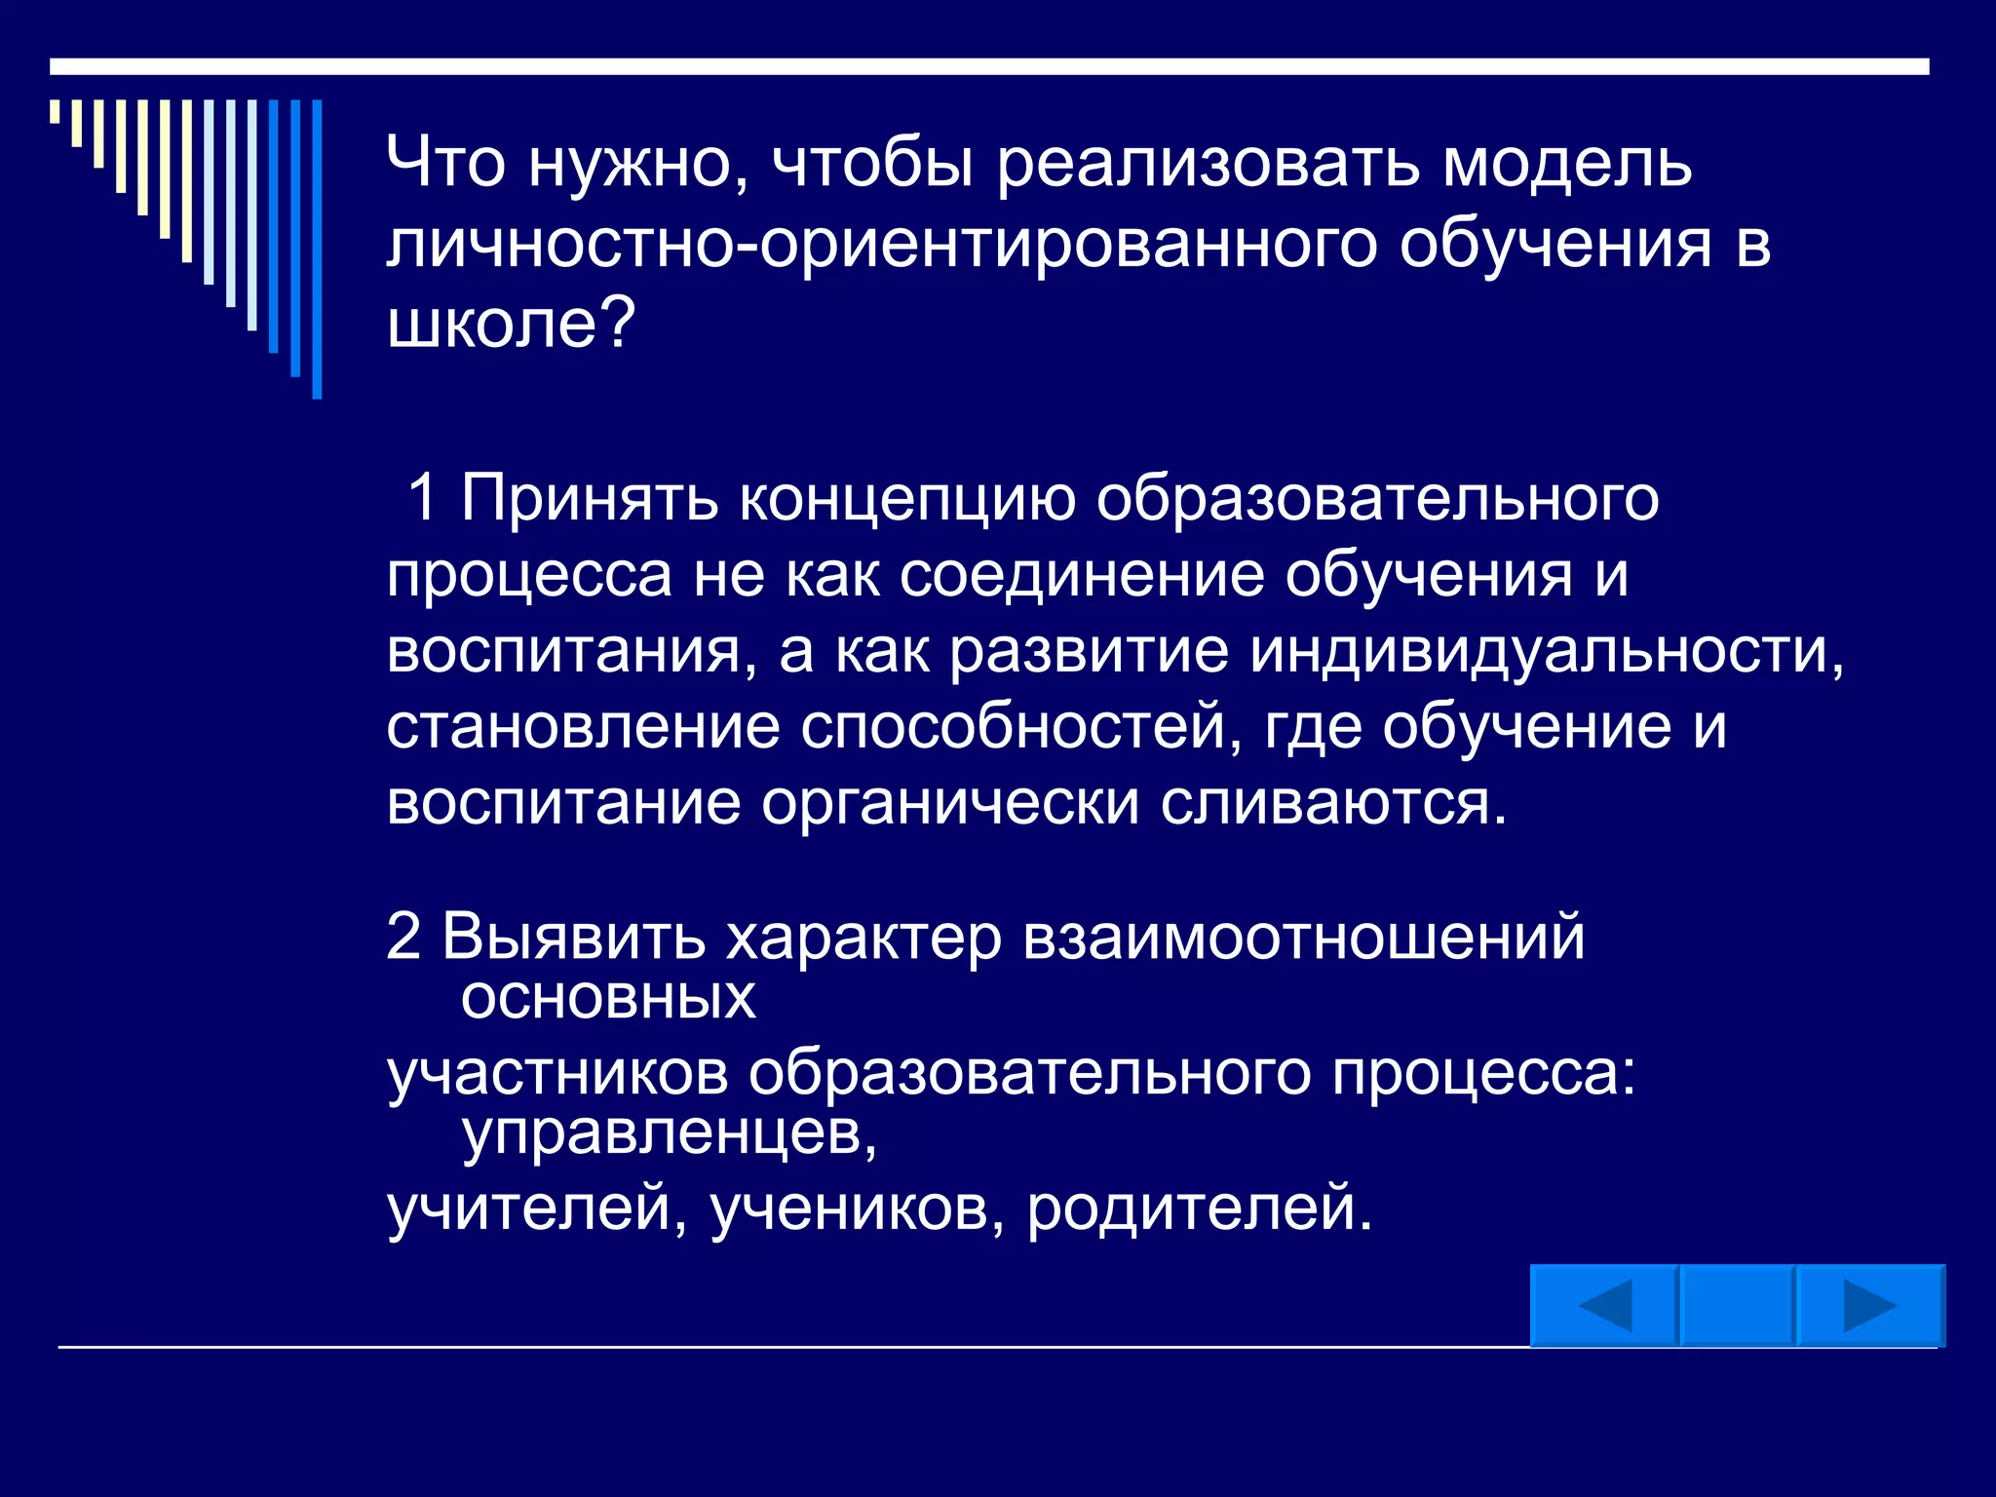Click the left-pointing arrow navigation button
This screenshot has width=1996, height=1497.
click(1604, 1305)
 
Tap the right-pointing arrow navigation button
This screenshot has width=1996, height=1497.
click(1869, 1305)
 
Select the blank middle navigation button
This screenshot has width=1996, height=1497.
click(1737, 1305)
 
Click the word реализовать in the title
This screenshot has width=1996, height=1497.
click(1208, 163)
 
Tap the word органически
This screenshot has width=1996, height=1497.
click(949, 803)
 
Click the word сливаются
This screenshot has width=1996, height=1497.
click(1333, 803)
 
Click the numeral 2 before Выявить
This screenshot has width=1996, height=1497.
click(403, 937)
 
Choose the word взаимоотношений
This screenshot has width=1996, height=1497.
click(1303, 938)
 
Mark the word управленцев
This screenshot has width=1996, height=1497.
click(669, 1132)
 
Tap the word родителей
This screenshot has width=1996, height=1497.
click(1199, 1209)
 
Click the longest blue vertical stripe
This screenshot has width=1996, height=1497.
click(317, 249)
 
